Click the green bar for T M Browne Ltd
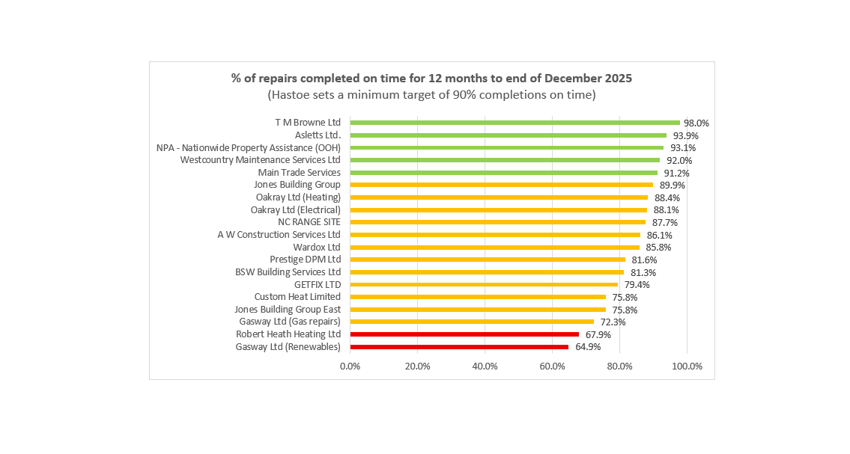(x=514, y=123)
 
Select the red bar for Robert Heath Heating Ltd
(x=464, y=334)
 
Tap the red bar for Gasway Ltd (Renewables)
(x=459, y=347)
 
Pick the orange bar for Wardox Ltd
(x=494, y=247)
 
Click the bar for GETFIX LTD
(x=484, y=284)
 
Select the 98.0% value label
(x=696, y=123)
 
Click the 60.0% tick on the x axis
(x=553, y=366)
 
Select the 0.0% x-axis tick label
(x=350, y=366)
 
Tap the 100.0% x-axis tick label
(x=687, y=366)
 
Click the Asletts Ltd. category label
(x=318, y=135)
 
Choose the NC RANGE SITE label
(x=309, y=222)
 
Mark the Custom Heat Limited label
(x=297, y=297)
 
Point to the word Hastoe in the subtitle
(x=288, y=95)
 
